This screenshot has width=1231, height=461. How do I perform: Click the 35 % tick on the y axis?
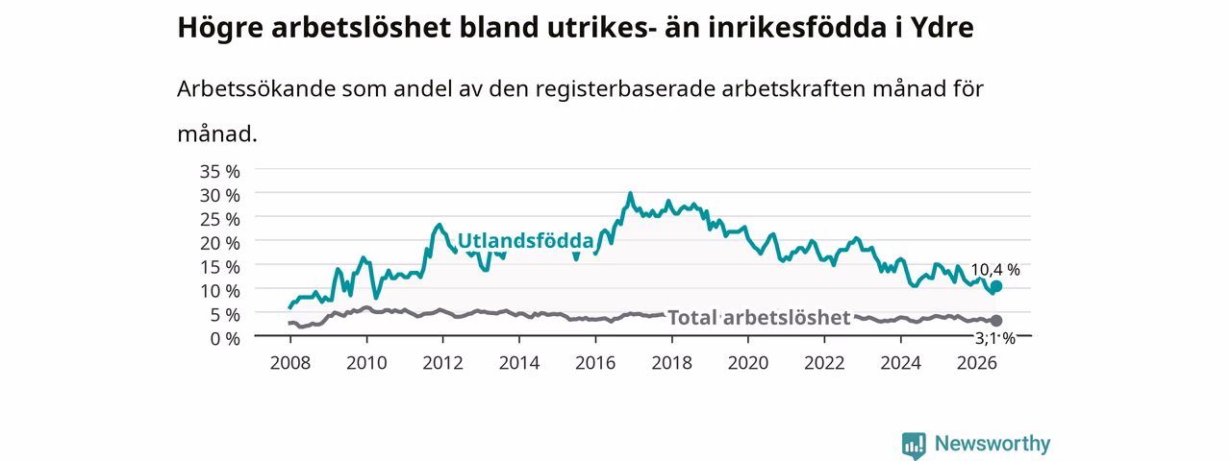pyautogui.click(x=220, y=172)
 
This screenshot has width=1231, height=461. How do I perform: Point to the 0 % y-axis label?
pyautogui.click(x=225, y=339)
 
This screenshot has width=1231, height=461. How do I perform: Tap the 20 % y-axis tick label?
pyautogui.click(x=220, y=243)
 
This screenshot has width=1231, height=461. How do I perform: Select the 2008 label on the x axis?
pyautogui.click(x=290, y=363)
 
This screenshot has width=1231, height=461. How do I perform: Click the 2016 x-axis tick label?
pyautogui.click(x=595, y=363)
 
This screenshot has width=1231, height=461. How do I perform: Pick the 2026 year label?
pyautogui.click(x=976, y=363)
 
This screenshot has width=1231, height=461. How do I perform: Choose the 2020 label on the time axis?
pyautogui.click(x=748, y=363)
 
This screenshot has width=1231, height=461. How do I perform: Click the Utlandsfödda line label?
pyautogui.click(x=525, y=241)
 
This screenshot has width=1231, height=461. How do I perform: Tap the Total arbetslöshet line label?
pyautogui.click(x=759, y=318)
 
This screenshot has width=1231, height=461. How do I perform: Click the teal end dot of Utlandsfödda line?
pyautogui.click(x=995, y=286)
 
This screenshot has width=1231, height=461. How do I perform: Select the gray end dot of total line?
pyautogui.click(x=995, y=321)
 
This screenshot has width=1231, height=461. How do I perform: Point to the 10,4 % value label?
pyautogui.click(x=995, y=270)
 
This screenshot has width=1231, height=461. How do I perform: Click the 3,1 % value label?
pyautogui.click(x=995, y=339)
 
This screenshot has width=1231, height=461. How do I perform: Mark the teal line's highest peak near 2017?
pyautogui.click(x=630, y=194)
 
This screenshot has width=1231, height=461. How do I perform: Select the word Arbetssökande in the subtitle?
pyautogui.click(x=256, y=88)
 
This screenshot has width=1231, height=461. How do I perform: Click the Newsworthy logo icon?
pyautogui.click(x=914, y=445)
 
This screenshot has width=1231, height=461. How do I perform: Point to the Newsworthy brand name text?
pyautogui.click(x=992, y=444)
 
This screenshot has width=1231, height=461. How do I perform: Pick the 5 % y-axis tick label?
pyautogui.click(x=225, y=314)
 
